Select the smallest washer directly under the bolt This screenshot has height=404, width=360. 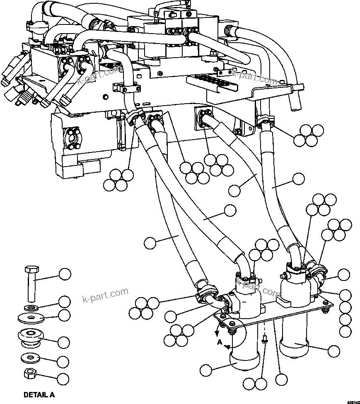click(29, 307)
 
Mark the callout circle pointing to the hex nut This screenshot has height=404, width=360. click(63, 378)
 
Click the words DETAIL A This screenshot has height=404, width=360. click(39, 395)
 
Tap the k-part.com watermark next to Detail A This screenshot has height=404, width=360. click(105, 295)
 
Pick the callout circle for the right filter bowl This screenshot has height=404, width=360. click(333, 351)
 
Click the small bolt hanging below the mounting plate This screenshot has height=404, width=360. click(266, 340)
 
